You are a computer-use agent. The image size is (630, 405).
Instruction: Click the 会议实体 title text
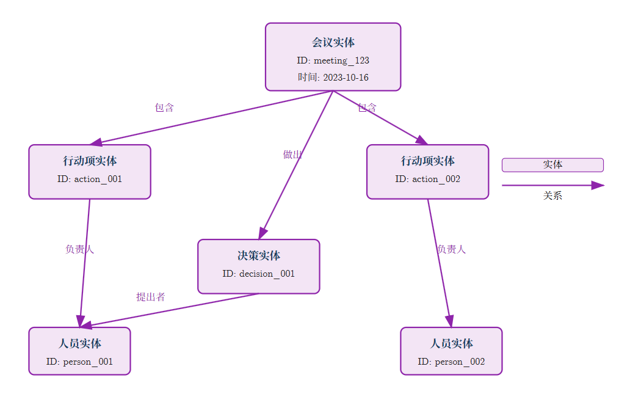pyautogui.click(x=333, y=43)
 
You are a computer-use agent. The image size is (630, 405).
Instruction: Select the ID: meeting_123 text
pyautogui.click(x=333, y=60)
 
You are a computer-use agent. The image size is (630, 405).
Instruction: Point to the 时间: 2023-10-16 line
pyautogui.click(x=333, y=78)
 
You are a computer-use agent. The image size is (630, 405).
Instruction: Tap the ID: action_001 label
pyautogui.click(x=90, y=179)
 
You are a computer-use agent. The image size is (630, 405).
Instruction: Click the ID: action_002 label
pyautogui.click(x=427, y=179)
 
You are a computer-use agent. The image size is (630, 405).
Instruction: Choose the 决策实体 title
pyautogui.click(x=259, y=256)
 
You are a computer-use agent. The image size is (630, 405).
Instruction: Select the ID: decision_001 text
pyautogui.click(x=259, y=274)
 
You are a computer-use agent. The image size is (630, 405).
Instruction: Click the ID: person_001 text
pyautogui.click(x=79, y=362)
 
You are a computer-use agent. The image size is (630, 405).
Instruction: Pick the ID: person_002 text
pyautogui.click(x=451, y=362)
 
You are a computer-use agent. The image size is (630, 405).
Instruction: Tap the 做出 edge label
pyautogui.click(x=292, y=155)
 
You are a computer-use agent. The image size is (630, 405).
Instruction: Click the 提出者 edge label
pyautogui.click(x=150, y=297)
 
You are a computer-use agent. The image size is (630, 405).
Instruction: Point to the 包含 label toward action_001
pyautogui.click(x=164, y=108)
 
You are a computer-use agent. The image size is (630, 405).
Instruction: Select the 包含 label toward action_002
pyautogui.click(x=367, y=108)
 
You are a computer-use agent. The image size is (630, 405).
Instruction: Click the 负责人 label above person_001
pyautogui.click(x=80, y=249)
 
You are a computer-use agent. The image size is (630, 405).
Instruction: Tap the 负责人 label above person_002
pyautogui.click(x=451, y=249)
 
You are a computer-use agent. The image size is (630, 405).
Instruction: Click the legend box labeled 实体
pyautogui.click(x=552, y=165)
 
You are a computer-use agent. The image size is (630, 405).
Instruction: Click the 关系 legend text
pyautogui.click(x=552, y=196)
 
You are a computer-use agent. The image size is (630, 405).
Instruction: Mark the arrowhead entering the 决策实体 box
pyautogui.click(x=262, y=233)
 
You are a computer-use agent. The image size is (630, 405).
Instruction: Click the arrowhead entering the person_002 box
pyautogui.click(x=450, y=321)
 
